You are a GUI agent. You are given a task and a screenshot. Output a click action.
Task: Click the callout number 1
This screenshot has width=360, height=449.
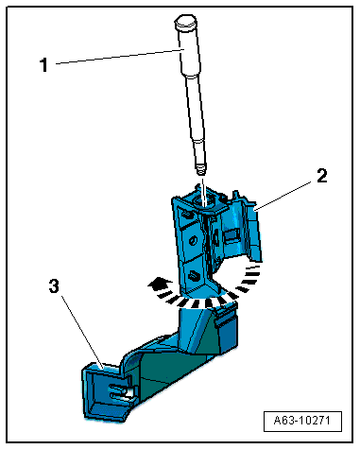44,65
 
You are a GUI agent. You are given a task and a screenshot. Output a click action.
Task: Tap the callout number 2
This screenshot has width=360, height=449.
322,176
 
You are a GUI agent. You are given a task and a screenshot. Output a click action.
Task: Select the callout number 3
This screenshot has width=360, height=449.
54,286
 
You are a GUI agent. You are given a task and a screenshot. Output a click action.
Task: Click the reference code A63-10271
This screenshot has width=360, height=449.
302,421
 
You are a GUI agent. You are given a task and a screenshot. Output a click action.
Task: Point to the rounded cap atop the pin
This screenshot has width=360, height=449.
185,22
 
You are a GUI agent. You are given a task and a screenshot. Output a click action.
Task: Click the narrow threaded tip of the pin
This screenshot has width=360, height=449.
200,169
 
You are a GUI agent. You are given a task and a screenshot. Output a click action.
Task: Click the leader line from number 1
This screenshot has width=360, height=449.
119,57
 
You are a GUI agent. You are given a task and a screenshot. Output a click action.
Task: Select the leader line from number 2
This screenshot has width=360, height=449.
283,195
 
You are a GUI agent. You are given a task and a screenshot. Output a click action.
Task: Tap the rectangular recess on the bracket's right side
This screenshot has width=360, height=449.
231,234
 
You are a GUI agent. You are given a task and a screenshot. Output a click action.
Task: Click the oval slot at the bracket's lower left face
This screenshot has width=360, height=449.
193,276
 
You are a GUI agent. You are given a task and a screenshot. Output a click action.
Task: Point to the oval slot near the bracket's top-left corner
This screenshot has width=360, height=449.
187,215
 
